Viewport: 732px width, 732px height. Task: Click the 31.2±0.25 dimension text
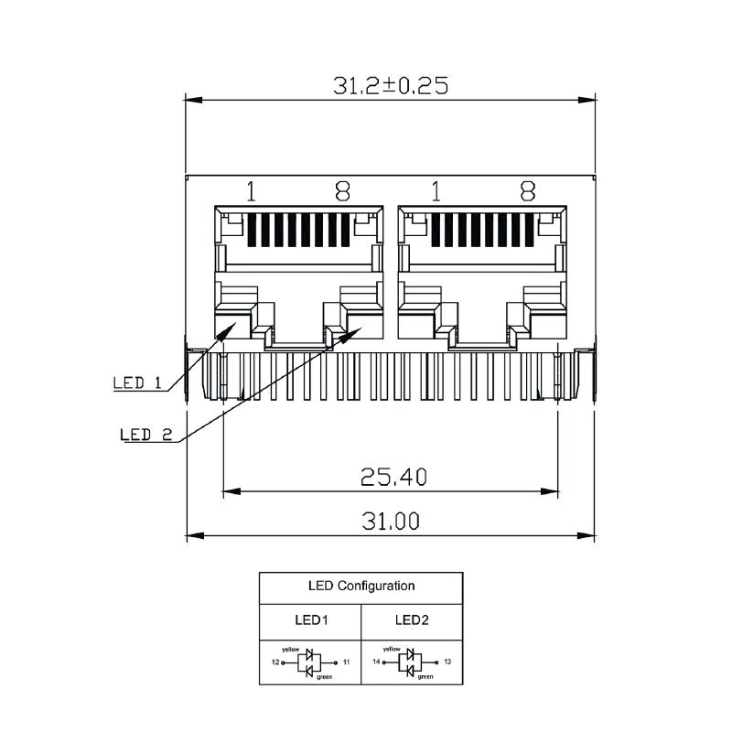tap(391, 85)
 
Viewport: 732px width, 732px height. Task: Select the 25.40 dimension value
tap(393, 477)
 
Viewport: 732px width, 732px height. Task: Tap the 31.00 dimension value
tap(391, 522)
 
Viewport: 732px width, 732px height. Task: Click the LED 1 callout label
tap(137, 383)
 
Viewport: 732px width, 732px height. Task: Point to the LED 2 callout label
tap(146, 435)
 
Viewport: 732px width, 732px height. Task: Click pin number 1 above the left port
tap(251, 191)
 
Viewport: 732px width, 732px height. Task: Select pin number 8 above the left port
tap(342, 191)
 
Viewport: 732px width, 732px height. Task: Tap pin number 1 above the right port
tap(436, 191)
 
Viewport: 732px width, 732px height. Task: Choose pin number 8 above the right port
tap(527, 191)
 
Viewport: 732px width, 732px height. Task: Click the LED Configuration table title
tap(361, 586)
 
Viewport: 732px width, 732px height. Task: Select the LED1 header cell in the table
tap(311, 619)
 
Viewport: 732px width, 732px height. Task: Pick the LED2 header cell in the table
tap(412, 619)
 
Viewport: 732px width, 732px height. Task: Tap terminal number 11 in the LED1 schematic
tap(346, 661)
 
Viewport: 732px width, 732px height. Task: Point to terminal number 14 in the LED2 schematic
tap(376, 661)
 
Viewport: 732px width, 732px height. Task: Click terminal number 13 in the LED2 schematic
tap(447, 661)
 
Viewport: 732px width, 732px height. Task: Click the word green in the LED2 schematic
tap(425, 677)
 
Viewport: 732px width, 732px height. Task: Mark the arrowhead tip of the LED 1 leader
tap(237, 324)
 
